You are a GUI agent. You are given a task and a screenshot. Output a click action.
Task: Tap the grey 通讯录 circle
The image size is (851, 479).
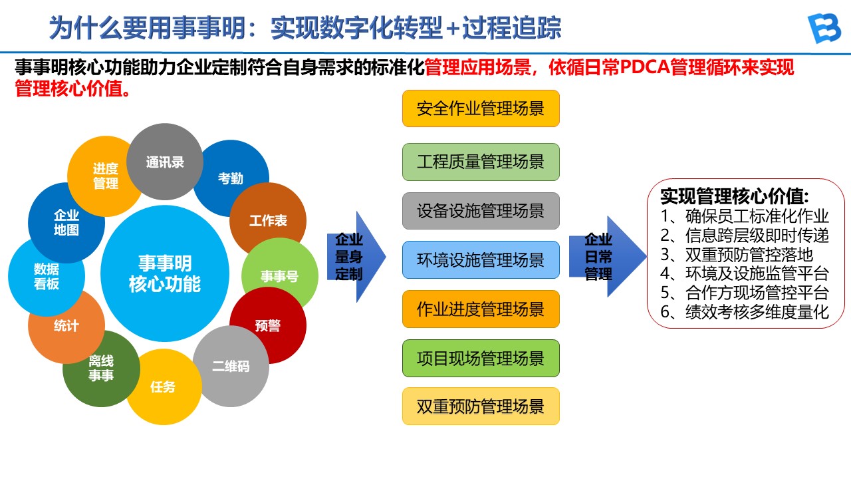[x=165, y=162]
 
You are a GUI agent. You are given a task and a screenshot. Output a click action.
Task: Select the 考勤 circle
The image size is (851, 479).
[x=231, y=178]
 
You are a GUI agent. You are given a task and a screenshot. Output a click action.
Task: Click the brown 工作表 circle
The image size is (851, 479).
[x=268, y=221]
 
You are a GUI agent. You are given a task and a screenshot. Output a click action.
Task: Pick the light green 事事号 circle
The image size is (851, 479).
[x=279, y=276]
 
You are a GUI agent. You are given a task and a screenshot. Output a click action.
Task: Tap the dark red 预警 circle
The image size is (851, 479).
[x=268, y=326]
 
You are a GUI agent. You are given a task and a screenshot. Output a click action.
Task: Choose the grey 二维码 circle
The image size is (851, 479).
[x=231, y=367]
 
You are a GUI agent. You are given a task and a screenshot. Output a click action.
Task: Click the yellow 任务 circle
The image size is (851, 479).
[x=163, y=387]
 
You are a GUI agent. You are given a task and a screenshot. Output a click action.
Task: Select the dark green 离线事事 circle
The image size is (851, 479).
[x=101, y=369]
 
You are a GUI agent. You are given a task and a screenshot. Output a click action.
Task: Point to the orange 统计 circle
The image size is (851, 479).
[x=66, y=326]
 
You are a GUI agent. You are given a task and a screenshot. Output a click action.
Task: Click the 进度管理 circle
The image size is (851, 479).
[x=105, y=176]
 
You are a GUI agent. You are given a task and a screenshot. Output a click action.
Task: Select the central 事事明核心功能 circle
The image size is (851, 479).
[x=165, y=273]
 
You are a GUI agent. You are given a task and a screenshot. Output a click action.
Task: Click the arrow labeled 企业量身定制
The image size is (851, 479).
[x=355, y=257]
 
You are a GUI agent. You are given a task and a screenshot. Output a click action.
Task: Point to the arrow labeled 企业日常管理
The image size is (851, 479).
[x=605, y=257]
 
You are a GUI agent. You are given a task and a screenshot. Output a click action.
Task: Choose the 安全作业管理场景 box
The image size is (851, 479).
[x=481, y=108]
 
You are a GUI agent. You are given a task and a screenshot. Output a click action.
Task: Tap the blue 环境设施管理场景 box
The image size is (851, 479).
[x=481, y=259]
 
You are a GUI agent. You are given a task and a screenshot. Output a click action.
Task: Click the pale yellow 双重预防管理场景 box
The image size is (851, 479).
[x=481, y=406]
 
